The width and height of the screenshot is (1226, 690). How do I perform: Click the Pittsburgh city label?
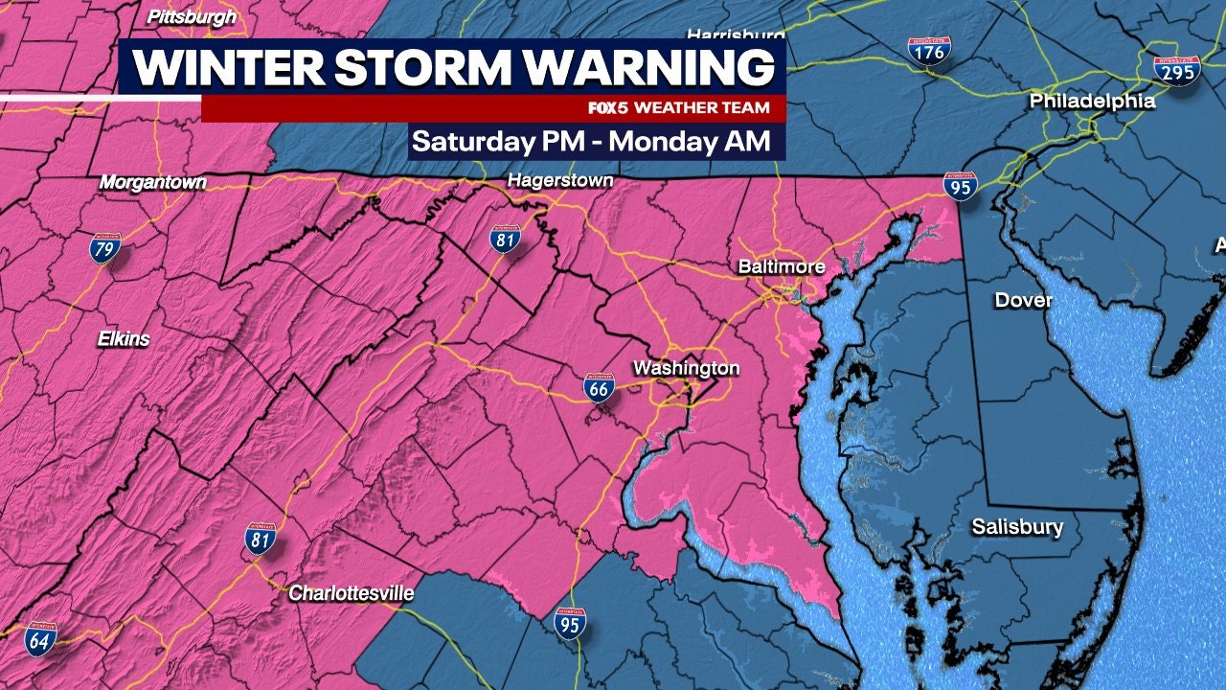click(x=192, y=16)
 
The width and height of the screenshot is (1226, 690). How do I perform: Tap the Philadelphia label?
click(x=1092, y=101)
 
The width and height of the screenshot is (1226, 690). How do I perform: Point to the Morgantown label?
click(x=153, y=182)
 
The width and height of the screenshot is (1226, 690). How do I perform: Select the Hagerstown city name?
click(x=560, y=180)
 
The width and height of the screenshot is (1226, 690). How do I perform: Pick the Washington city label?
click(x=686, y=368)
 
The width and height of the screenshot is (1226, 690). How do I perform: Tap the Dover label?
click(x=1023, y=300)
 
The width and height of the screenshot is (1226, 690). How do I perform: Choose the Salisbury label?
click(x=1017, y=527)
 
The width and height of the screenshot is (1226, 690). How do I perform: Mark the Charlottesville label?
click(x=352, y=594)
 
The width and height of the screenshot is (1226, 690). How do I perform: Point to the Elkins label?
click(x=124, y=338)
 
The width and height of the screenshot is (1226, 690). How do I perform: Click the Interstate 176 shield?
click(x=929, y=52)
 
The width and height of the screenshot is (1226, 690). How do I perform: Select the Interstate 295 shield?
click(x=1177, y=70)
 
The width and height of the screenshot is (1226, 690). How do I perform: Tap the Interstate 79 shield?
click(x=105, y=248)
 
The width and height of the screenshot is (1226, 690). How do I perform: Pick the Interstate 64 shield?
click(x=40, y=638)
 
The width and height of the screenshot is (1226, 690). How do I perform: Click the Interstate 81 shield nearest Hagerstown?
click(x=506, y=239)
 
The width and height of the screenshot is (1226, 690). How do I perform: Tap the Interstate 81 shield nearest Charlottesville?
click(x=261, y=540)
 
